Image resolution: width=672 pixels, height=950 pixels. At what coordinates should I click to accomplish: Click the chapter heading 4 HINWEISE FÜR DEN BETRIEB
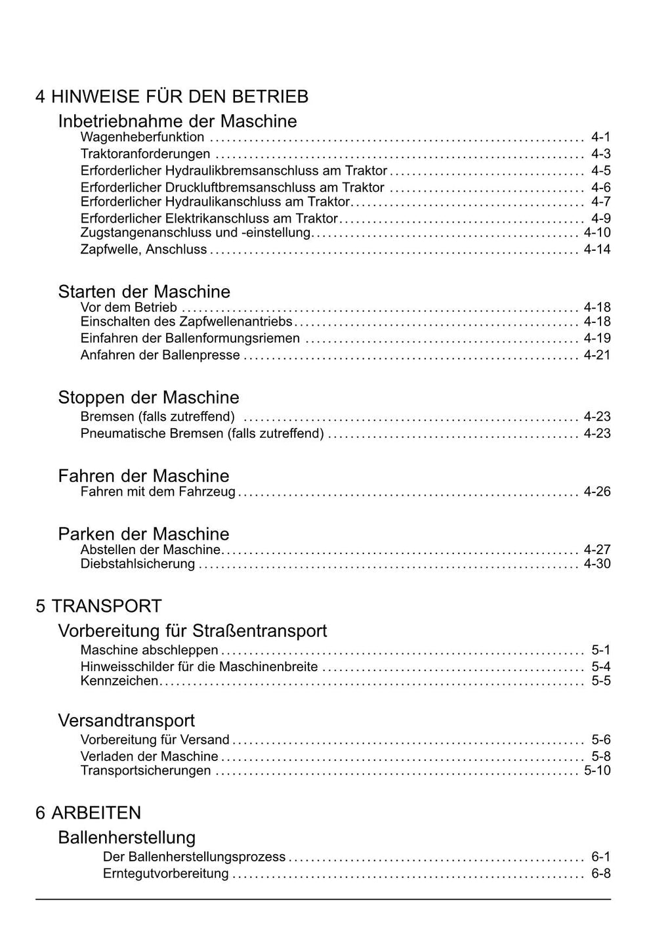(x=172, y=97)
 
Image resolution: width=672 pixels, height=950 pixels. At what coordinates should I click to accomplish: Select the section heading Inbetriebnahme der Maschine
(x=177, y=121)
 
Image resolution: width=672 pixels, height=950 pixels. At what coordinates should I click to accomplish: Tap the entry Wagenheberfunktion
(x=142, y=137)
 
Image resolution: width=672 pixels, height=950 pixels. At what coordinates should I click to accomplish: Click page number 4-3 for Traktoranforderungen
(x=600, y=154)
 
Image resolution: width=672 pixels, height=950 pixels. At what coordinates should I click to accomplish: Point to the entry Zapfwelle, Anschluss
(x=143, y=249)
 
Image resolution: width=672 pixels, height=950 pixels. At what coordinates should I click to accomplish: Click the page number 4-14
(x=597, y=249)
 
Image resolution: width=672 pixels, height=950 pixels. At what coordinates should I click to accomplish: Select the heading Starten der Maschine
(x=144, y=291)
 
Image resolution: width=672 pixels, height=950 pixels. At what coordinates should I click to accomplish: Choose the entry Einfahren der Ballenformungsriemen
(x=190, y=338)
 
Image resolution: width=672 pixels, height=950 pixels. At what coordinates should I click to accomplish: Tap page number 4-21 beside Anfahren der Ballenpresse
(x=597, y=355)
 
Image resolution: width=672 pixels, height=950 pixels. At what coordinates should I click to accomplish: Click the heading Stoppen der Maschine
(x=148, y=397)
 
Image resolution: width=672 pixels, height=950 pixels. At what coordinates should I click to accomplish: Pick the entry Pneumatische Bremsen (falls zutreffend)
(x=202, y=433)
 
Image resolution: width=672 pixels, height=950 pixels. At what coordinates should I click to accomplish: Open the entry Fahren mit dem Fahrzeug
(x=157, y=492)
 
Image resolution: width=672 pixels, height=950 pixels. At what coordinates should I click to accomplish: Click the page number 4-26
(x=597, y=492)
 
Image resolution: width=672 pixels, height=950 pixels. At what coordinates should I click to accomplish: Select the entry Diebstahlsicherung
(x=138, y=564)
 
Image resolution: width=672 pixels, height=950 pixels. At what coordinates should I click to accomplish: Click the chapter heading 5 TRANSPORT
(x=98, y=605)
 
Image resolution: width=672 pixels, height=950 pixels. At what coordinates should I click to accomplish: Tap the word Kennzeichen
(x=119, y=681)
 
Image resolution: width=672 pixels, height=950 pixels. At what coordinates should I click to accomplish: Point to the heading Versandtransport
(x=126, y=720)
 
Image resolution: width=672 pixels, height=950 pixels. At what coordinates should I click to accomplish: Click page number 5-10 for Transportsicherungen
(x=597, y=770)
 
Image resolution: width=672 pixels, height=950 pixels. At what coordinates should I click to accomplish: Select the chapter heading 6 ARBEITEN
(x=88, y=813)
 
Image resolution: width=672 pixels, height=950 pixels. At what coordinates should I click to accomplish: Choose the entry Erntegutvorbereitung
(x=165, y=874)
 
